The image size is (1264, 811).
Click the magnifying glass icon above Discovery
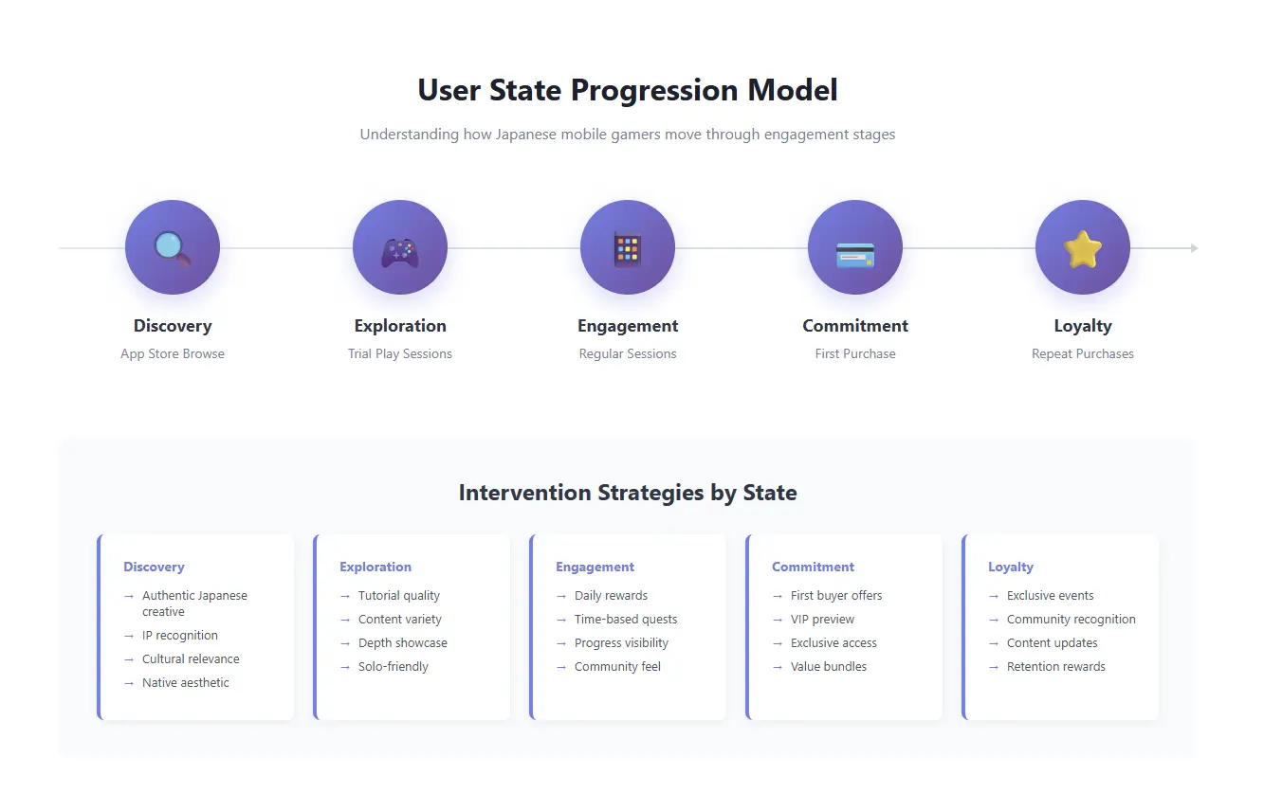(x=173, y=248)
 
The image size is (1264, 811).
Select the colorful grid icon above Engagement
(x=628, y=249)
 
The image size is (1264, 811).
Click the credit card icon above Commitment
(x=855, y=254)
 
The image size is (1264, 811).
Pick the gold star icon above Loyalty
(x=1083, y=249)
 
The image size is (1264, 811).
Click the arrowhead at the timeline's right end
(x=1194, y=248)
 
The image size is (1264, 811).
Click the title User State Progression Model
(x=628, y=90)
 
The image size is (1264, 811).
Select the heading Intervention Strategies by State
(x=628, y=493)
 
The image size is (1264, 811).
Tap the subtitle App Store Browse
(x=173, y=353)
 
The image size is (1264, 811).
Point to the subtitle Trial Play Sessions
(x=400, y=353)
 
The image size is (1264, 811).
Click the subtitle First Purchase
(x=855, y=353)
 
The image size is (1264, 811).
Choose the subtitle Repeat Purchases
(x=1083, y=353)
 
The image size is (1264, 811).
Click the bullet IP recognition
(x=180, y=636)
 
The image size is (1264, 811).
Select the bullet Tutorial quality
(x=399, y=596)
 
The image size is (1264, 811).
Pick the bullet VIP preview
(x=822, y=620)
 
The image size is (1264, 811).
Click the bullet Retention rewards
(x=1056, y=667)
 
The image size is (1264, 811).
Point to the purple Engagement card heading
(x=595, y=567)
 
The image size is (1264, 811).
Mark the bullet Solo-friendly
(x=394, y=667)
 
